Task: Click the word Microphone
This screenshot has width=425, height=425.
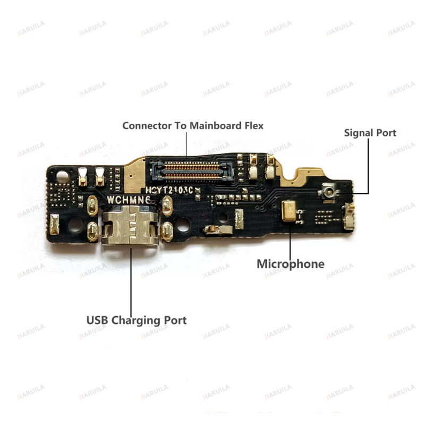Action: point(290,264)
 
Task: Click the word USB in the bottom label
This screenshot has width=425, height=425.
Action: point(97,320)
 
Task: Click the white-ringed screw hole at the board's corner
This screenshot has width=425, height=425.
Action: point(63,175)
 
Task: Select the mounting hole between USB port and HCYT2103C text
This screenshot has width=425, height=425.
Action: point(183,225)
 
